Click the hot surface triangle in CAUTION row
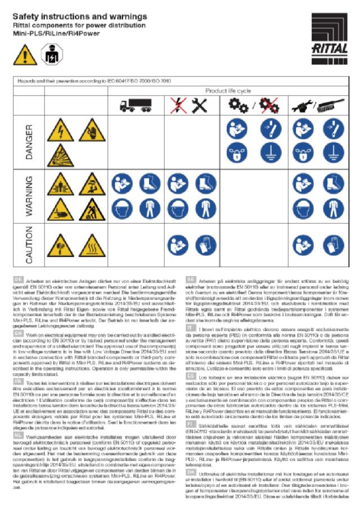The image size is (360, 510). [x=89, y=245]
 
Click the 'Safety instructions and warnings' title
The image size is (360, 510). [x=80, y=17]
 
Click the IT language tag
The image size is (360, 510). [x=190, y=327]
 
